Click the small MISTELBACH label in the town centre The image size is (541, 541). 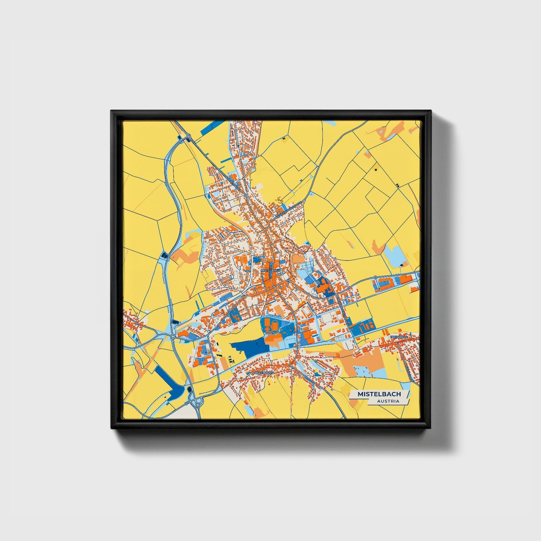coord(270,270)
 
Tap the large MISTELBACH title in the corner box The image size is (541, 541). coord(379,394)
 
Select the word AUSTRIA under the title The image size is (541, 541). coord(388,401)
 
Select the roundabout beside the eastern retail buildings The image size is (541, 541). coord(375,277)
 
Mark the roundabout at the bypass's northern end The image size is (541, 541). coord(188,136)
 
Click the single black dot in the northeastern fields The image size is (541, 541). coord(375,170)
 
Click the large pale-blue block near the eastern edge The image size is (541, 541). coord(396,255)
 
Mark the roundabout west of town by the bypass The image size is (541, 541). coord(173,337)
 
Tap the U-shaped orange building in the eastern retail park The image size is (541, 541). coord(405,279)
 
